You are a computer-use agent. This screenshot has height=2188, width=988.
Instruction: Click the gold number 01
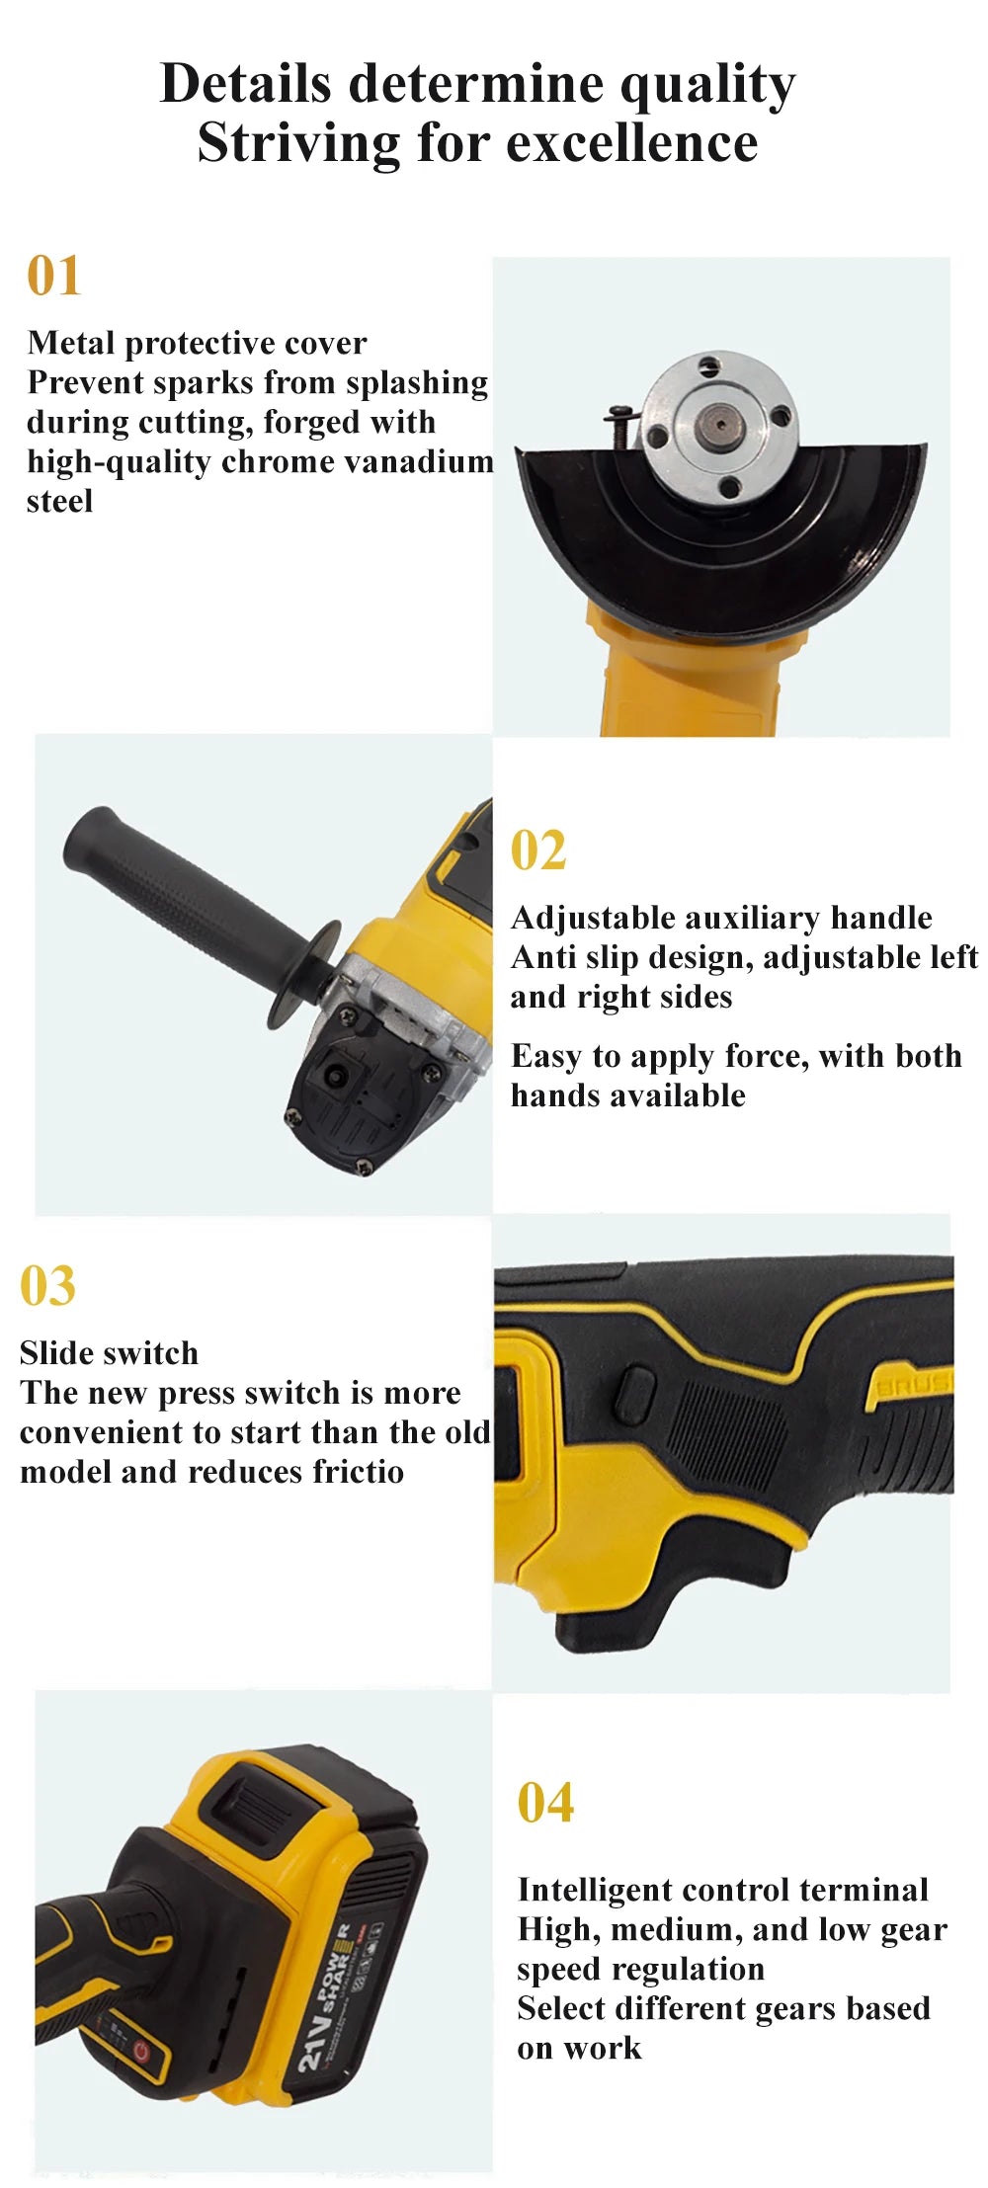pos(53,276)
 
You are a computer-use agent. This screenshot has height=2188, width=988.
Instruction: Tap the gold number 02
pos(538,851)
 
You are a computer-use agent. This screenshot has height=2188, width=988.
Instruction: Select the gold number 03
pos(47,1286)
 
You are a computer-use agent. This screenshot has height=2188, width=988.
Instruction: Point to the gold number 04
pos(545,1803)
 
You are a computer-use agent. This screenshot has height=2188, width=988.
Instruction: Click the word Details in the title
pos(245,83)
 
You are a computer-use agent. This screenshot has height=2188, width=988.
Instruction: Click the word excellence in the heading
pos(632,142)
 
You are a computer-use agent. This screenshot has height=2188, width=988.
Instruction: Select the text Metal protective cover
pos(197,343)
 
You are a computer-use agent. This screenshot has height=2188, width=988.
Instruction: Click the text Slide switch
pos(109,1353)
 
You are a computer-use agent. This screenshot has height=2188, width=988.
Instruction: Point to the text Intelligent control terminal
pos(722,1890)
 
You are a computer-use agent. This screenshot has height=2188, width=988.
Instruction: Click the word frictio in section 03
pos(359,1472)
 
